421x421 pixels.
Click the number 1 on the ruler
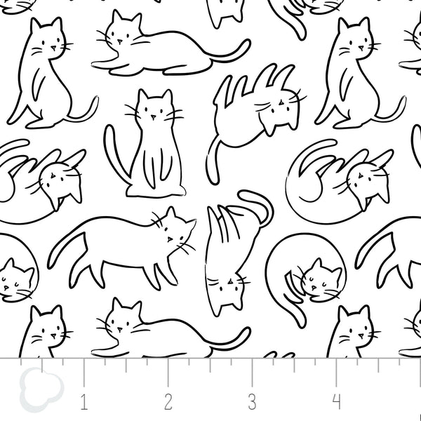[84, 402]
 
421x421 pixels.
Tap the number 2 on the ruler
[168, 402]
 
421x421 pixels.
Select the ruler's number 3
[252, 402]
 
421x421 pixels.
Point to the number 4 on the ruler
[336, 402]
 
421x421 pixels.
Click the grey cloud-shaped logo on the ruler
[34, 387]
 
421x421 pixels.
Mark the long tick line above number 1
[84, 372]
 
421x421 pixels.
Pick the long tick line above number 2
[168, 372]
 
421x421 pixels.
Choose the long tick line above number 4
[337, 372]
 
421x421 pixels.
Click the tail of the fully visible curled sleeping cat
[295, 298]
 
